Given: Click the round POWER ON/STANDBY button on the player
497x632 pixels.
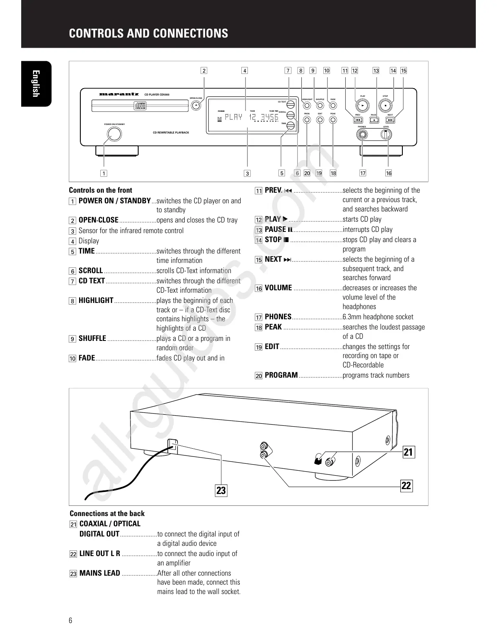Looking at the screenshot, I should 114,134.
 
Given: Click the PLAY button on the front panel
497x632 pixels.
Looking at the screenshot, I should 362,105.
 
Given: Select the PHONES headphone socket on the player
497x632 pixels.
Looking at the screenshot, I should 362,135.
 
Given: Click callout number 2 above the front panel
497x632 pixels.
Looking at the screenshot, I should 204,71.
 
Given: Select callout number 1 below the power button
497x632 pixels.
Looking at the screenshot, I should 104,173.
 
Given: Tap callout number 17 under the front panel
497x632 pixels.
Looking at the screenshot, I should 362,173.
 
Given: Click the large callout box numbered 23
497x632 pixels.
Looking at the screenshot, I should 221,490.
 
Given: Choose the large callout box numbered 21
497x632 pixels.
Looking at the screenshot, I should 408,452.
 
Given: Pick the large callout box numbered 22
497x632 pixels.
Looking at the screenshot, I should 406,485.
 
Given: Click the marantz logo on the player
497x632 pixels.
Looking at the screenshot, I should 119,94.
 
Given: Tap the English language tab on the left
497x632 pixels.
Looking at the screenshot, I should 36,84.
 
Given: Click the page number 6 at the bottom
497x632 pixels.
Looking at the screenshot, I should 71,621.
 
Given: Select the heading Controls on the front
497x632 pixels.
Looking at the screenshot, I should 100,190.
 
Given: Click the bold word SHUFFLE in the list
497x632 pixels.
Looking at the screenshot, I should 92,338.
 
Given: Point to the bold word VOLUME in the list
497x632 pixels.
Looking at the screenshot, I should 278,288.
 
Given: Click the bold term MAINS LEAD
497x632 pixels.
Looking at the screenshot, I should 99,573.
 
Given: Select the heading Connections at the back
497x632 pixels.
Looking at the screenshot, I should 107,514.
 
